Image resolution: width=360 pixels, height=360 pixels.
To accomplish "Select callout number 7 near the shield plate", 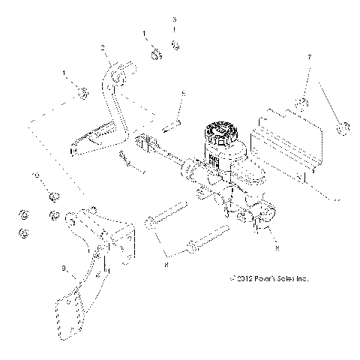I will coord(308,57).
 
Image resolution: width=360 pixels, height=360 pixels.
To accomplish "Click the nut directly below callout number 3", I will coord(175,46).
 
